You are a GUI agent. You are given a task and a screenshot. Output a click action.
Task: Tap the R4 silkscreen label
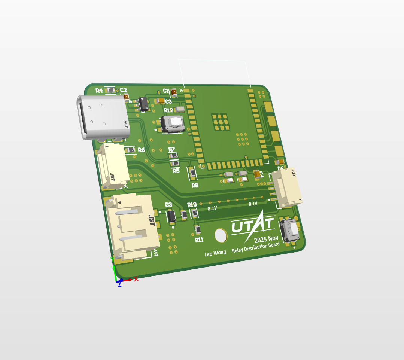(x=99, y=91)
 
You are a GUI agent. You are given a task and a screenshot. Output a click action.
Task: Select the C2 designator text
(x=124, y=90)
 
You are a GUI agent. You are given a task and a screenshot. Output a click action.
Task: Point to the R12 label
(x=168, y=110)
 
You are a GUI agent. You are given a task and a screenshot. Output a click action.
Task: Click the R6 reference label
(x=141, y=150)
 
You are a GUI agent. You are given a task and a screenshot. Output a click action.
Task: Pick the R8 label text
(x=195, y=185)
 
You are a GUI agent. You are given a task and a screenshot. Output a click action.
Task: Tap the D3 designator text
(x=168, y=205)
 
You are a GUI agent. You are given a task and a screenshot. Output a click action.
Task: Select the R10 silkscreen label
(x=192, y=204)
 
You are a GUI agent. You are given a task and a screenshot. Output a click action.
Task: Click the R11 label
(x=199, y=240)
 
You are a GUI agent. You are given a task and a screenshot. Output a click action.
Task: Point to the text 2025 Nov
(x=266, y=239)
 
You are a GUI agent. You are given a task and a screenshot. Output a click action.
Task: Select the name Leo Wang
(x=215, y=253)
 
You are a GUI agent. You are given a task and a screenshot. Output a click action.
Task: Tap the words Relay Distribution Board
(x=256, y=247)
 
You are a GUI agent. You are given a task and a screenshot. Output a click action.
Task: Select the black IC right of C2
(x=143, y=104)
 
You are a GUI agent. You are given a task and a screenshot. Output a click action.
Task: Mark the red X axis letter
(x=136, y=279)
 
